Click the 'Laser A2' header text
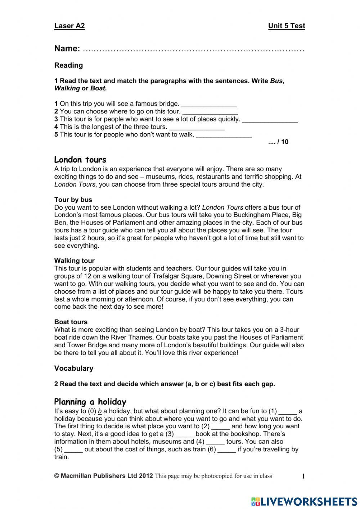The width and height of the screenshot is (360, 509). pos(69,26)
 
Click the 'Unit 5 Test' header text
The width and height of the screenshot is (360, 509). pos(286,26)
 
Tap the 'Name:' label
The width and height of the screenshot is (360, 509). pos(67,49)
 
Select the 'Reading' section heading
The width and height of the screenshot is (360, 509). pos(68,65)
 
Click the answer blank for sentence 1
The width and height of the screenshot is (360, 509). pos(209,105)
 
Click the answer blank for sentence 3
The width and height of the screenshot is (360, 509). pos(270,120)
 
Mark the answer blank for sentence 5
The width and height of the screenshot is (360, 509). pos(224,136)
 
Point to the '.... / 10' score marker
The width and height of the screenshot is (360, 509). pos(278,142)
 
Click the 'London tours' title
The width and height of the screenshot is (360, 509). pos(80,160)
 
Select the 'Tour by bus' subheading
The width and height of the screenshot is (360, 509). pos(73,200)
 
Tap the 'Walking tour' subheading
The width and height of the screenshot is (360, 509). pos(74,260)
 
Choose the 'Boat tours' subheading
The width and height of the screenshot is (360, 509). pos(71,322)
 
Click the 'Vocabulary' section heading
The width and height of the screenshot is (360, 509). pos(73,368)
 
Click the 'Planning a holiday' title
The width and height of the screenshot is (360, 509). pos(90,402)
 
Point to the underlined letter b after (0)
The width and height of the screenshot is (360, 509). pos(100,411)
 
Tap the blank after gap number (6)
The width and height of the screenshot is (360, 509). pos(227,450)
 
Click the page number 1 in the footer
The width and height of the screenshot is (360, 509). pos(303,477)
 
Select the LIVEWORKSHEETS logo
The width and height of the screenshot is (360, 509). pos(304,501)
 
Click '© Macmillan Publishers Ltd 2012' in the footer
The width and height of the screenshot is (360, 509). pos(103,476)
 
